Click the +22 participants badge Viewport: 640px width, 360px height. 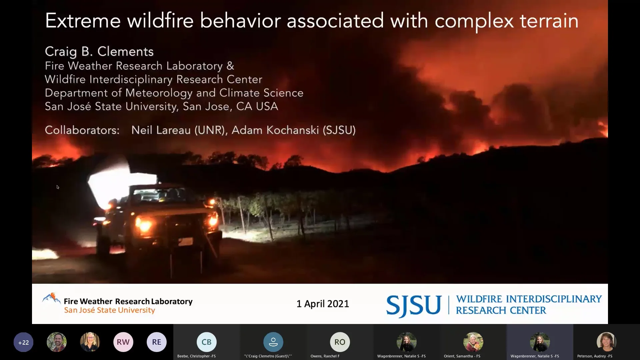[23, 342]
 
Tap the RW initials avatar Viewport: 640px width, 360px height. [123, 342]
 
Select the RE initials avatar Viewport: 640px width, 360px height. [156, 342]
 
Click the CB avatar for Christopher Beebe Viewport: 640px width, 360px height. [206, 342]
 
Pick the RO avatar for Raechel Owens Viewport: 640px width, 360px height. [340, 342]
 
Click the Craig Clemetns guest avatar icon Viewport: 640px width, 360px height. [273, 342]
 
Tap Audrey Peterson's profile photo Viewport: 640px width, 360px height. [606, 342]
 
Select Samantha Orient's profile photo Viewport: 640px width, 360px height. [473, 342]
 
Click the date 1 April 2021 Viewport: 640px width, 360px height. [323, 304]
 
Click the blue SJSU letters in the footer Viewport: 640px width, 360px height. [414, 305]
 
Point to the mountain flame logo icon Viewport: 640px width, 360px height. [51, 298]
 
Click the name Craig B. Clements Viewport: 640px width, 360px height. [99, 52]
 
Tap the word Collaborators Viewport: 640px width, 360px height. [82, 130]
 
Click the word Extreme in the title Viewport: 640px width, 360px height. [83, 21]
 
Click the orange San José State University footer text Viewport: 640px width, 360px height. [109, 310]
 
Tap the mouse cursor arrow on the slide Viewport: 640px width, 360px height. [58, 187]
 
